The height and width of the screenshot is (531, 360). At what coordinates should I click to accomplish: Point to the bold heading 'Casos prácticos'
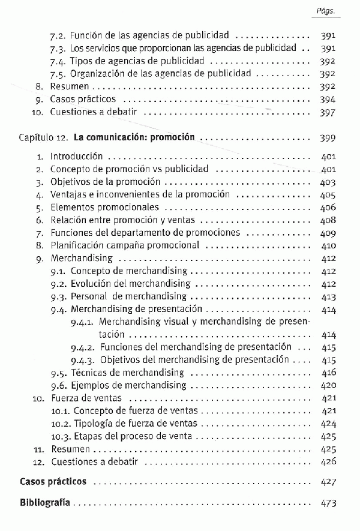click(x=53, y=481)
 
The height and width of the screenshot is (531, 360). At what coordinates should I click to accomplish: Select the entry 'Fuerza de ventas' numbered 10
click(x=86, y=398)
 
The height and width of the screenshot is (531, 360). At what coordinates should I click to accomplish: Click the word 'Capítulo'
click(x=36, y=137)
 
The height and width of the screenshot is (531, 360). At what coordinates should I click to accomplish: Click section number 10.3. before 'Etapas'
click(x=60, y=436)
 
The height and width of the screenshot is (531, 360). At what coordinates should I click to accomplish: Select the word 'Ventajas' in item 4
click(x=68, y=194)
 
